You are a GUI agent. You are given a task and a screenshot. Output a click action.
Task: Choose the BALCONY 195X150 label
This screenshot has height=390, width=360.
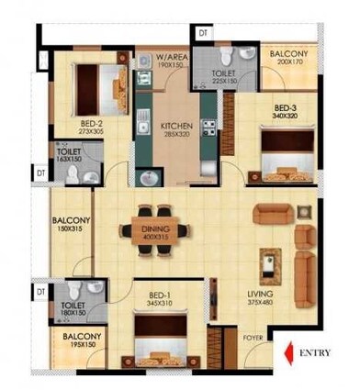(82, 342)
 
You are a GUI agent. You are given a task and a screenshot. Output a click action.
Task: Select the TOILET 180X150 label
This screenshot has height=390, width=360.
(73, 310)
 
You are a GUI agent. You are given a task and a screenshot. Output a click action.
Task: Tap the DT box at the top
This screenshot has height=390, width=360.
(201, 33)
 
